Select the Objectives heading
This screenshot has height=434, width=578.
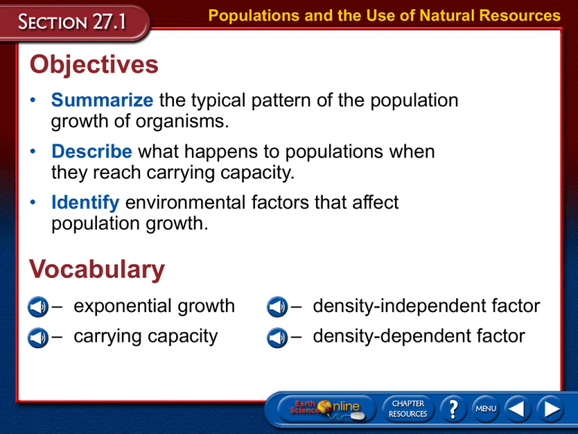(94, 65)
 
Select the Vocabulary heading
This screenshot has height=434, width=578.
(96, 270)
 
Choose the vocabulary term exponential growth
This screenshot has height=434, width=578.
(154, 306)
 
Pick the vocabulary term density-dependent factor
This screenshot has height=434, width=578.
(418, 335)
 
